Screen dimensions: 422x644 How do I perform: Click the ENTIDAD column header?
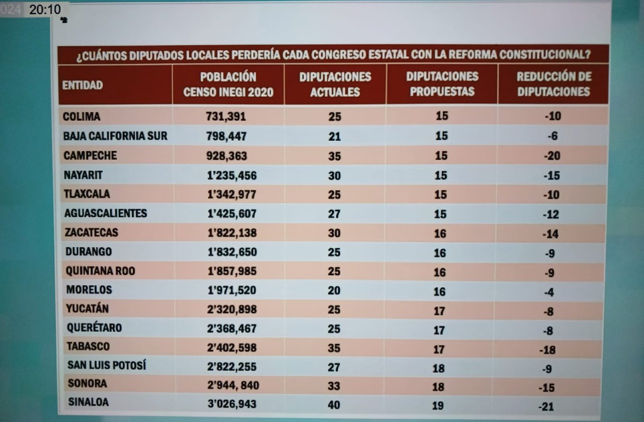(x=83, y=85)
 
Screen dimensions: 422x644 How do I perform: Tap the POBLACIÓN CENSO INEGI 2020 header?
(x=228, y=84)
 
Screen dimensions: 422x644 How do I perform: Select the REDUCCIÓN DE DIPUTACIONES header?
(x=553, y=84)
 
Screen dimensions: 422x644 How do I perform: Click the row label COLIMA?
(x=82, y=117)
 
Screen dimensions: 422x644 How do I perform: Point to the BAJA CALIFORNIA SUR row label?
(x=115, y=136)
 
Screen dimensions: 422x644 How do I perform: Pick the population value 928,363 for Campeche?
(x=226, y=156)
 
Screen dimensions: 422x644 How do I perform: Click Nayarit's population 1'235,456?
(x=231, y=175)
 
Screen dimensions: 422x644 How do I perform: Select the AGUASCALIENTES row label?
(x=106, y=213)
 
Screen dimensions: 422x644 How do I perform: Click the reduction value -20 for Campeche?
(x=552, y=156)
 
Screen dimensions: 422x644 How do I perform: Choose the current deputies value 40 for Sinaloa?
(x=334, y=405)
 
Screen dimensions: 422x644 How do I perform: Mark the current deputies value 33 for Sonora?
(x=334, y=386)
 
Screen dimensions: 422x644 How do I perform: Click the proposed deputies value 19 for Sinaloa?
(x=438, y=405)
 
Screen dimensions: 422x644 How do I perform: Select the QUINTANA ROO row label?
(x=101, y=271)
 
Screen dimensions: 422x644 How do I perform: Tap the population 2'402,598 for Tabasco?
(x=231, y=348)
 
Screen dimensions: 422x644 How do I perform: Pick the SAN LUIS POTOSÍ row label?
(x=107, y=365)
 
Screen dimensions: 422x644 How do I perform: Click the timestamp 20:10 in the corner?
(x=45, y=9)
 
